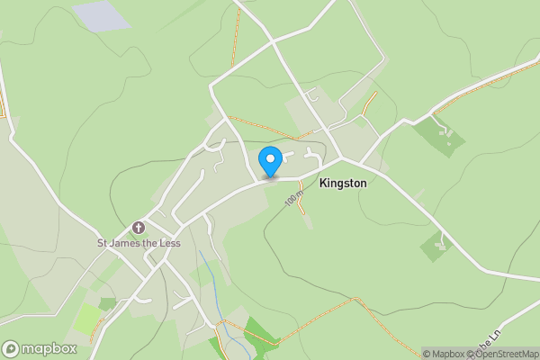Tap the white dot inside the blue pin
coord(270,158)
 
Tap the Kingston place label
coord(343,183)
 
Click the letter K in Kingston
coord(323,183)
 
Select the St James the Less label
coord(139,242)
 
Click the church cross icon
coord(139,228)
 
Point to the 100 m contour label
coord(294,198)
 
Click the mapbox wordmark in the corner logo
coord(49,348)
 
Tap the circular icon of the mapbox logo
coord(11,348)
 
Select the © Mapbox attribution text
coord(444,354)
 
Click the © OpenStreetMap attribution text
coord(502,354)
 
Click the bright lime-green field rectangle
coord(89,319)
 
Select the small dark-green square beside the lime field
coord(108,303)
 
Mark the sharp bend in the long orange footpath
coord(357,300)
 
